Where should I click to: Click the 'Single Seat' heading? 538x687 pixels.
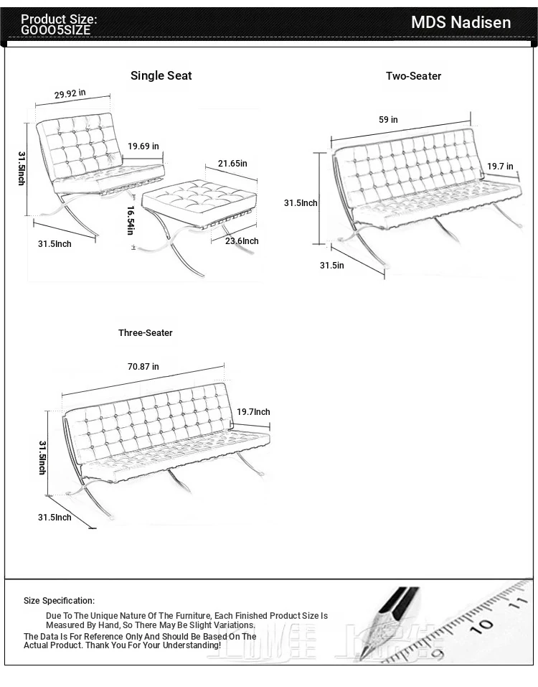(161, 75)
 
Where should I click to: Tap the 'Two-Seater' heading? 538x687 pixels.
(413, 76)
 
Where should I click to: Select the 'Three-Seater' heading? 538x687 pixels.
(146, 333)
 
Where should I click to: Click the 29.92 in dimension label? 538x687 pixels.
(70, 93)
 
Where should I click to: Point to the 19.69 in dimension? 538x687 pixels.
(143, 146)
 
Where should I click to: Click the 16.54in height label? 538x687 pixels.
(131, 220)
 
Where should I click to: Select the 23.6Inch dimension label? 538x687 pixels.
(242, 241)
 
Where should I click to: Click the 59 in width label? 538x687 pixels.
(388, 120)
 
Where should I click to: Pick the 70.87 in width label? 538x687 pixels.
(143, 367)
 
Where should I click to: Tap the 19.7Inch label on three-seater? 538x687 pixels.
(253, 412)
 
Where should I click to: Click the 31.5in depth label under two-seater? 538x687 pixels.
(331, 266)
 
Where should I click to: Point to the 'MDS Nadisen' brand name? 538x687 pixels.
(461, 22)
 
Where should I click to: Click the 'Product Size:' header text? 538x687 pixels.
(59, 19)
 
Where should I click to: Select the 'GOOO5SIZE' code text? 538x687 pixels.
(56, 30)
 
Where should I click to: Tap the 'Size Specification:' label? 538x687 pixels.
(59, 601)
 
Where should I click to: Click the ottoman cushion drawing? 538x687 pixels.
(198, 197)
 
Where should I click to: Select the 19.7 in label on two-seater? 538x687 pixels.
(500, 167)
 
